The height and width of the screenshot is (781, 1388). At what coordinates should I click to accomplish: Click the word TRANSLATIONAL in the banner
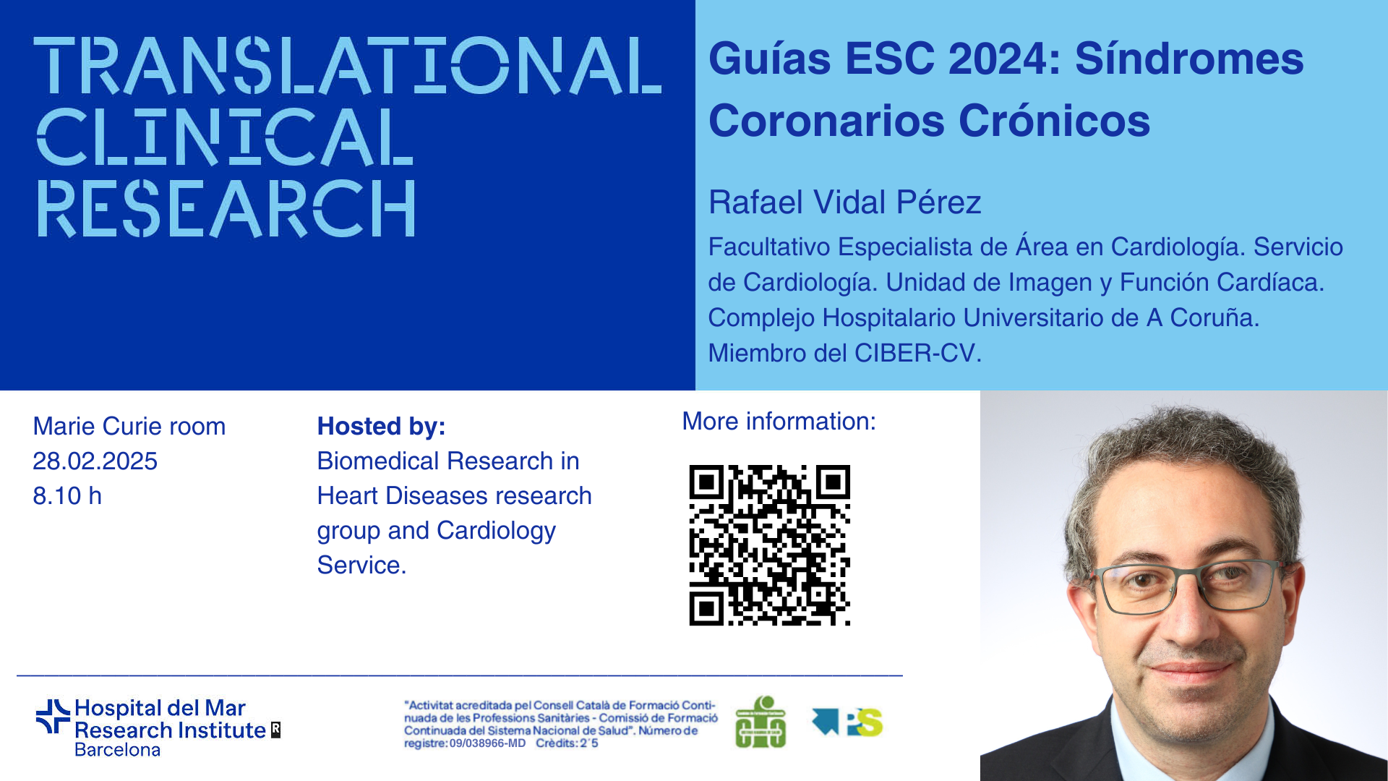(348, 66)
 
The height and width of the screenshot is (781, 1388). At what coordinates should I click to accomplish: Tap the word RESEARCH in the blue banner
(226, 208)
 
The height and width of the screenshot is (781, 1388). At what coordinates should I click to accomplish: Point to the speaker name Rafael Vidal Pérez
(844, 202)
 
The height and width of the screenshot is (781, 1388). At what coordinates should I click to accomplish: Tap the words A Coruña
(1202, 317)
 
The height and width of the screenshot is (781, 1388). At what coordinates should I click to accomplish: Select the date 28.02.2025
(95, 461)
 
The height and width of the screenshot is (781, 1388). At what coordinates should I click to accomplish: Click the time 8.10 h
(67, 496)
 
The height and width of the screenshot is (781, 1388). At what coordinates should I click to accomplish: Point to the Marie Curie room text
(129, 427)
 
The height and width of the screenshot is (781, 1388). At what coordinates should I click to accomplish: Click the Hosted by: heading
(381, 427)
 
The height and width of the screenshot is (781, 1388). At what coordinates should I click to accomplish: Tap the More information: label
(779, 422)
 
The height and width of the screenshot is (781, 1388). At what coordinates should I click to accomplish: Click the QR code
(769, 545)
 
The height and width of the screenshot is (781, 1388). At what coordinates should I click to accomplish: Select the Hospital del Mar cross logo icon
(53, 716)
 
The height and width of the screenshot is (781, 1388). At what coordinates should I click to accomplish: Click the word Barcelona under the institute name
(117, 750)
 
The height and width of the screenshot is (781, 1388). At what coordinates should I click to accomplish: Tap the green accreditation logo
(761, 722)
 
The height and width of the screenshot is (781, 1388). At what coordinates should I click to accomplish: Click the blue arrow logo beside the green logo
(826, 720)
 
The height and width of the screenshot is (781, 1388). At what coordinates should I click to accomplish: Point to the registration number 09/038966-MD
(487, 743)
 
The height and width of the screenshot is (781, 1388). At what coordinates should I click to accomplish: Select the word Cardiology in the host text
(496, 531)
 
